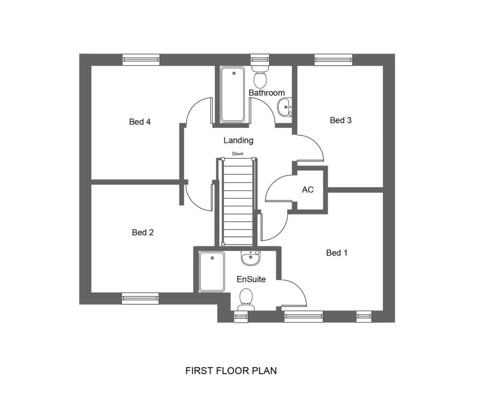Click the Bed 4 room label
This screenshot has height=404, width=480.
[x=140, y=122]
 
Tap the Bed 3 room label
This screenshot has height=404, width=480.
[x=340, y=120]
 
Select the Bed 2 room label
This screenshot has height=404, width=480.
[x=142, y=232]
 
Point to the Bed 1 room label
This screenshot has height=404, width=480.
[x=337, y=253]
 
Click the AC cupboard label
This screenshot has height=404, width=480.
[x=307, y=190]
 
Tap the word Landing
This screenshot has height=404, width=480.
[x=238, y=140]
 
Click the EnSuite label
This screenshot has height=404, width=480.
[x=251, y=279]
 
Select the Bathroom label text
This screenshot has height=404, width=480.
[x=266, y=93]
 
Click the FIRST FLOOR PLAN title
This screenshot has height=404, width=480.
[x=231, y=371]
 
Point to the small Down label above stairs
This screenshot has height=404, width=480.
[x=238, y=154]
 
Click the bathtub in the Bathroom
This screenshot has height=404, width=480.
[x=232, y=95]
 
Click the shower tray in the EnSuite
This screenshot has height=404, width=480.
[x=212, y=272]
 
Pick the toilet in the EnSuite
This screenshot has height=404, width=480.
[x=246, y=299]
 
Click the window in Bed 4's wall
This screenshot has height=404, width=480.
[x=141, y=59]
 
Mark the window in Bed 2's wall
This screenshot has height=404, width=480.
[x=140, y=298]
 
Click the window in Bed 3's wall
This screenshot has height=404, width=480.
[x=333, y=59]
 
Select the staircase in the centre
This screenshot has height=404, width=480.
[x=238, y=201]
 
